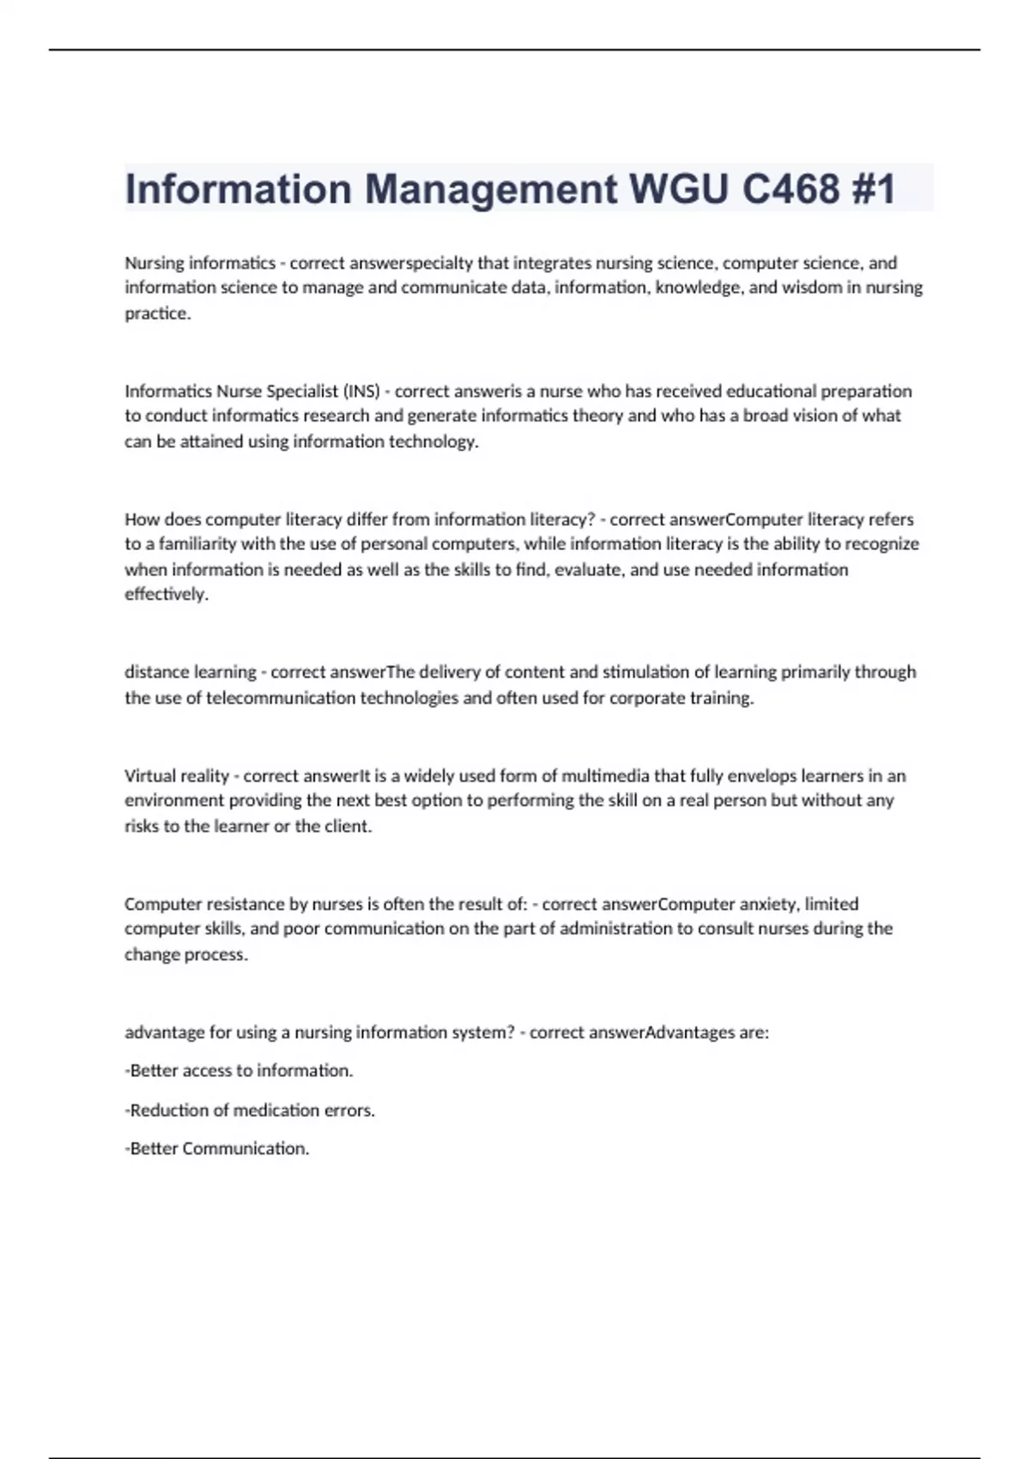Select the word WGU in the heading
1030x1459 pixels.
(x=678, y=189)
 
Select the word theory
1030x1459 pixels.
(x=597, y=416)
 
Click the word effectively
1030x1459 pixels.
(x=167, y=594)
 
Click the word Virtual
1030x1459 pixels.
(x=151, y=776)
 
